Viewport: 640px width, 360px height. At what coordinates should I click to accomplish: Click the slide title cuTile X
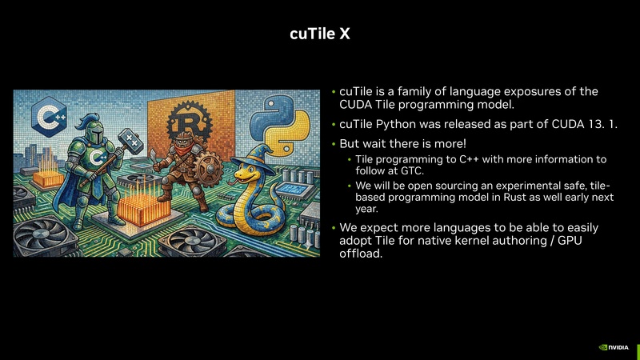[319, 35]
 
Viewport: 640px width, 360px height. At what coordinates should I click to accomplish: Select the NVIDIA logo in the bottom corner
[614, 348]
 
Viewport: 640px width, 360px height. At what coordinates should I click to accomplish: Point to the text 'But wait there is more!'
[396, 143]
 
